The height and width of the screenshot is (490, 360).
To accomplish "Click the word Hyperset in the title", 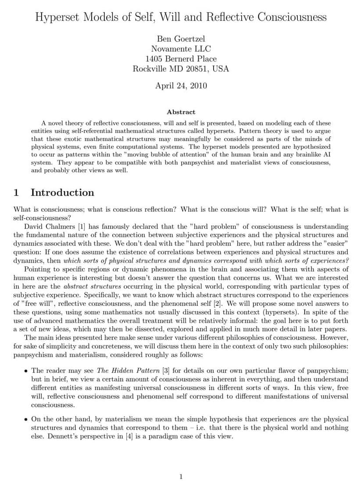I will pyautogui.click(x=56, y=18).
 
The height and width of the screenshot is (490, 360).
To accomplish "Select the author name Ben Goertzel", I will pyautogui.click(x=180, y=39).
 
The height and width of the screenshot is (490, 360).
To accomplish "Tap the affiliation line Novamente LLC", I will pyautogui.click(x=180, y=49).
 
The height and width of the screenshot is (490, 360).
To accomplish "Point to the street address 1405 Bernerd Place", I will pyautogui.click(x=180, y=59).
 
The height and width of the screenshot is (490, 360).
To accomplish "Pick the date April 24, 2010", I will pyautogui.click(x=180, y=86).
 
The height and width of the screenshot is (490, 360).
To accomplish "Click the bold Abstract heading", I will pyautogui.click(x=181, y=112).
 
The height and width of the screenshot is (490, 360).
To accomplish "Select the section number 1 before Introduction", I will pyautogui.click(x=16, y=193).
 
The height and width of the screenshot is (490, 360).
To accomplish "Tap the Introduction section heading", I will pyautogui.click(x=62, y=193).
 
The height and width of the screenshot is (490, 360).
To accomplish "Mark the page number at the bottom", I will pyautogui.click(x=181, y=477).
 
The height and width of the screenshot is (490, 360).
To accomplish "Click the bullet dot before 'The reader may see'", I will pyautogui.click(x=27, y=371).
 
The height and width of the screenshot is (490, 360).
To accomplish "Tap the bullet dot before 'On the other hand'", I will pyautogui.click(x=27, y=419).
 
